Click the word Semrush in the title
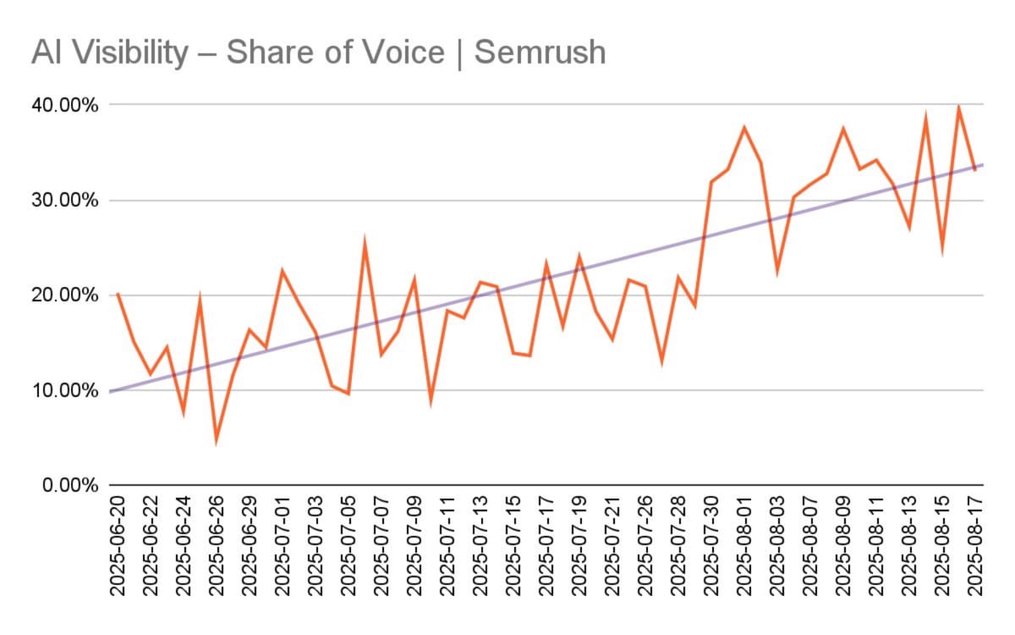pyautogui.click(x=540, y=52)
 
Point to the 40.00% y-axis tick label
pyautogui.click(x=66, y=106)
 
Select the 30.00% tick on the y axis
pyautogui.click(x=66, y=201)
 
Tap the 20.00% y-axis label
pyautogui.click(x=66, y=295)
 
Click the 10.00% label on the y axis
pyautogui.click(x=66, y=391)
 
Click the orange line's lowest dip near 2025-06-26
pyautogui.click(x=217, y=441)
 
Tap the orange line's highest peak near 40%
pyautogui.click(x=958, y=107)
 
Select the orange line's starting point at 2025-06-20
pyautogui.click(x=117, y=293)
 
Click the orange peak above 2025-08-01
pyautogui.click(x=744, y=128)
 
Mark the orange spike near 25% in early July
pyautogui.click(x=365, y=243)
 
